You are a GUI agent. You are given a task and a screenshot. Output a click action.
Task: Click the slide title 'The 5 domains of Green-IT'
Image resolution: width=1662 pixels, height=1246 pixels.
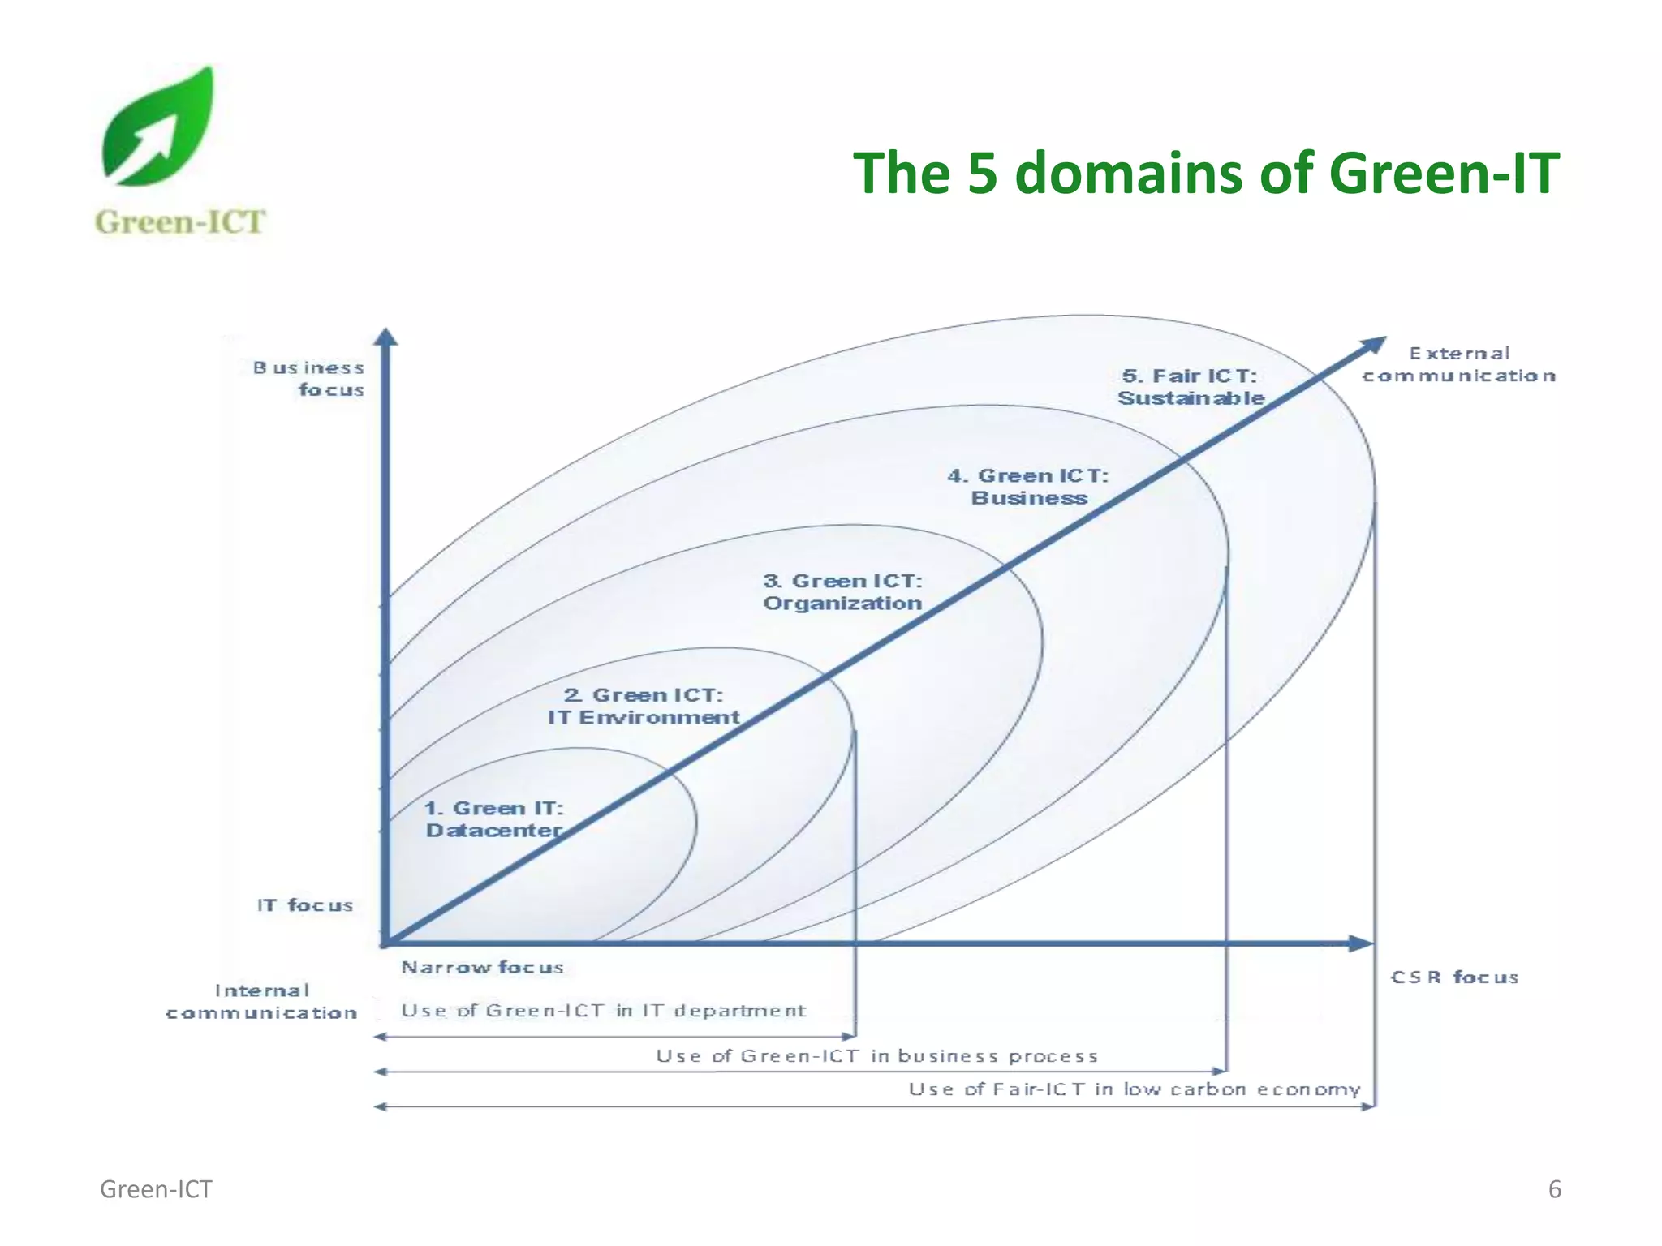1205,173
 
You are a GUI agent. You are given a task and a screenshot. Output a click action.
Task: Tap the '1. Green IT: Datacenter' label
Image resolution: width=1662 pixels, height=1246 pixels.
493,819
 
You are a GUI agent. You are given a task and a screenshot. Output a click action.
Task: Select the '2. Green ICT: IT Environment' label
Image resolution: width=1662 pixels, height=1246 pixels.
643,707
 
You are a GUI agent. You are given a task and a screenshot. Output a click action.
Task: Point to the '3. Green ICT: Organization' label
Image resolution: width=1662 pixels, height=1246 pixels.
842,592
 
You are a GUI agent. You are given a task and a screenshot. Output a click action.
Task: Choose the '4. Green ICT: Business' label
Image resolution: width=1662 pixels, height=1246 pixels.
1028,487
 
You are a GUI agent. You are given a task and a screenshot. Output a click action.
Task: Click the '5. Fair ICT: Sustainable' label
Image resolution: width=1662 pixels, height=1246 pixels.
1191,387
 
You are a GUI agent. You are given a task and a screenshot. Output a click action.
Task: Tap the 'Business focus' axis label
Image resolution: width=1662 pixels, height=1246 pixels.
309,379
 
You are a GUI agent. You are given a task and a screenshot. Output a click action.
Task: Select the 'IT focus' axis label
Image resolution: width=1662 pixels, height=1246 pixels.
305,905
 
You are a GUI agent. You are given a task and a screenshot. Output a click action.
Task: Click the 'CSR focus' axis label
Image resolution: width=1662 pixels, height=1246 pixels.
1454,977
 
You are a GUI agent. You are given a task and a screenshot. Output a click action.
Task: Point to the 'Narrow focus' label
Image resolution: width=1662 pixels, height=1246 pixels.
482,967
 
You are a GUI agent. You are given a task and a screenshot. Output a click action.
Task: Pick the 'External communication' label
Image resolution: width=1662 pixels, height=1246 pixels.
1458,365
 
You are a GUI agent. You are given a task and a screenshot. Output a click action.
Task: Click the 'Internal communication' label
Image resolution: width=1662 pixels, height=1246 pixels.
261,1002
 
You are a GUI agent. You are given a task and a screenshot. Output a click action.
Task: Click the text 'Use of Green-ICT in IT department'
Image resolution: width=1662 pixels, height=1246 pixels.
603,1011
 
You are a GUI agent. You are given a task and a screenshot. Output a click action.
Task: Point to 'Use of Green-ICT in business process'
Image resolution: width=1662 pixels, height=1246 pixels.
876,1056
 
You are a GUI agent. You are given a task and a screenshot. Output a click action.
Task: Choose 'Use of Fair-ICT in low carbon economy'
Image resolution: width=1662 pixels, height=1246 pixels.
1134,1089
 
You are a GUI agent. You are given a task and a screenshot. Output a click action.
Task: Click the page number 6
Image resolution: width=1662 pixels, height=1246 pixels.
1554,1189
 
